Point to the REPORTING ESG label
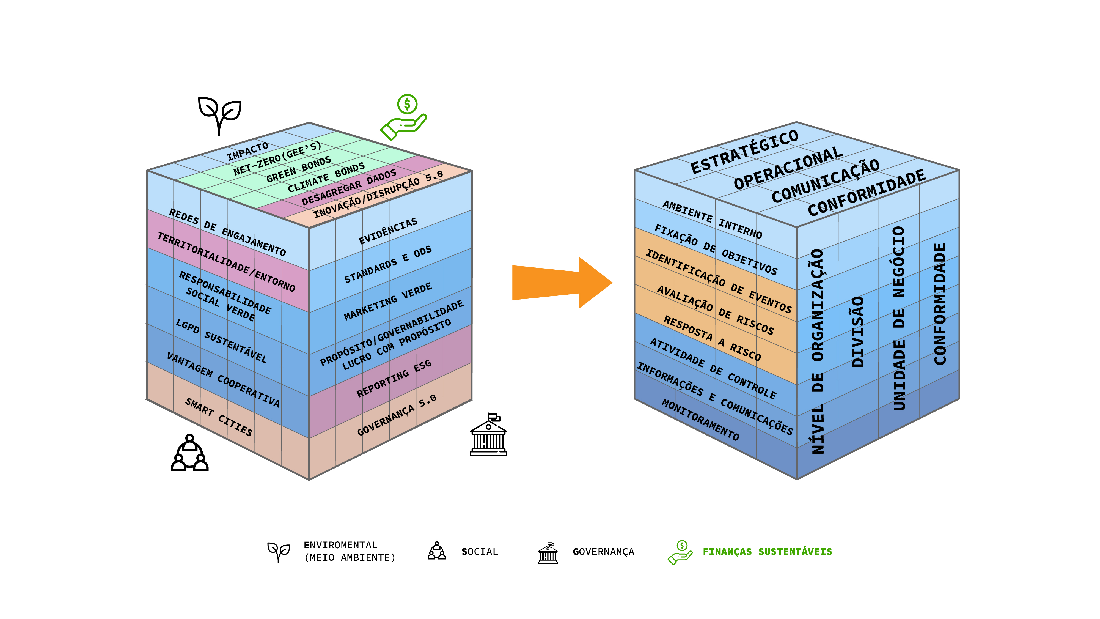394,379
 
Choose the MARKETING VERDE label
388,302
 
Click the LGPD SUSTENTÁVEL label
221,341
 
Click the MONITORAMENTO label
700,420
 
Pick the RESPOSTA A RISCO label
712,338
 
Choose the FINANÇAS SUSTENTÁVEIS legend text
767,552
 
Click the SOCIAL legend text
480,552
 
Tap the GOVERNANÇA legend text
603,552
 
